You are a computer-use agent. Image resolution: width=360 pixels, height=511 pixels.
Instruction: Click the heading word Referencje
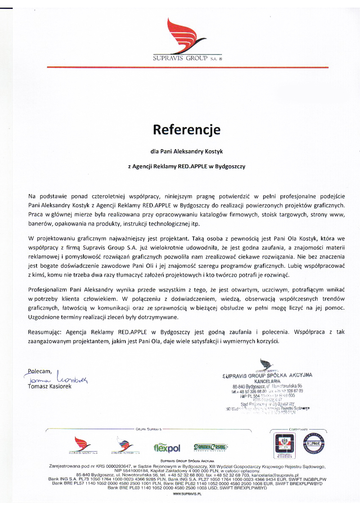(x=187, y=130)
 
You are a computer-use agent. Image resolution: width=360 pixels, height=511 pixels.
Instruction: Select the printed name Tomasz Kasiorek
(x=49, y=387)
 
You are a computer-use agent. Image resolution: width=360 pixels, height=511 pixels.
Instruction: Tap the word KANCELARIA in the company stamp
(x=267, y=381)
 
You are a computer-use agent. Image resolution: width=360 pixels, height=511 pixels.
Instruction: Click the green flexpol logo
(x=167, y=448)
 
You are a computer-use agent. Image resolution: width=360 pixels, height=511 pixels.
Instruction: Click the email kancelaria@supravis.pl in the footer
(x=272, y=475)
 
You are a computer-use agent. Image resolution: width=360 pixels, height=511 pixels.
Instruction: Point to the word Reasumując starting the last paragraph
(x=46, y=332)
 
